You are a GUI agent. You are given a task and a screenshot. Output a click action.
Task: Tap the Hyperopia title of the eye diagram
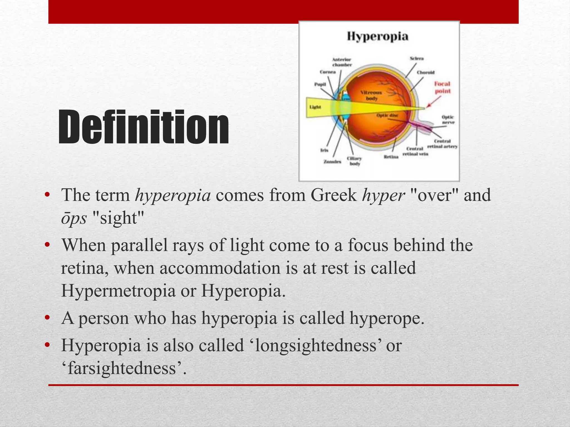pos(377,36)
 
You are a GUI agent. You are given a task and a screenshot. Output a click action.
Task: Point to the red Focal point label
pos(442,87)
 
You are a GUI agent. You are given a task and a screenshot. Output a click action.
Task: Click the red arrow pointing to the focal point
pos(434,102)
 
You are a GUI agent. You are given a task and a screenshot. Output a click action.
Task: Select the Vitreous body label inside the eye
pos(371,95)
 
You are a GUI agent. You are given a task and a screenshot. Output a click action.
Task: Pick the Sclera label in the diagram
pos(417,58)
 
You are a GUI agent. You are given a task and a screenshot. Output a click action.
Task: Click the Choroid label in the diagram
pos(426,72)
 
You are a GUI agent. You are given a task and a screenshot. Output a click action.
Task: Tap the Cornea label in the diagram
pos(328,72)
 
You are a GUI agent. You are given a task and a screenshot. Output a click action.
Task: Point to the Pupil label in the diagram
pos(320,84)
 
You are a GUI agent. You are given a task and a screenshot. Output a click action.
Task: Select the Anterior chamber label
pos(342,62)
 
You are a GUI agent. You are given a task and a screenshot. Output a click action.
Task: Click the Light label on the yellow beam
pos(315,107)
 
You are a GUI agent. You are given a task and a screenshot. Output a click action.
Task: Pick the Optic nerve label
pos(448,120)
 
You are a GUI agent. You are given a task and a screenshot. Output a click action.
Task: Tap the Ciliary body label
pos(354,161)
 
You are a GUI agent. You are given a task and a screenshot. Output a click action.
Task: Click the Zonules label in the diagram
pos(332,162)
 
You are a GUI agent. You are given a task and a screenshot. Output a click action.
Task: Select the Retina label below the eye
pos(391,157)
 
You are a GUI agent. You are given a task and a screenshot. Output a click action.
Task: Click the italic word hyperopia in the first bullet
pos(173,195)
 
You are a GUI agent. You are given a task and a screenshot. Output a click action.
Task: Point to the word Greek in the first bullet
pos(333,195)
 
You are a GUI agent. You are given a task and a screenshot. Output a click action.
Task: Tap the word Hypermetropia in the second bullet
pos(118,291)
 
